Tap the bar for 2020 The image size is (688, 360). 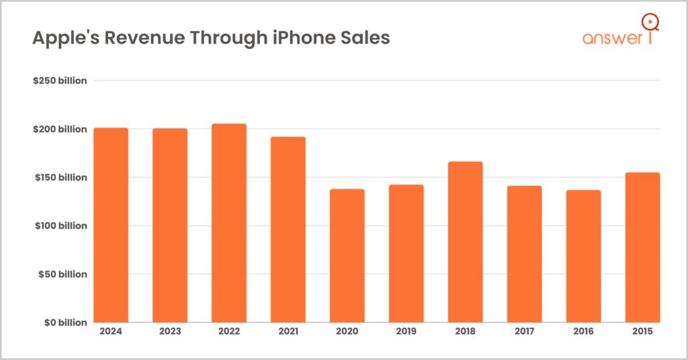347,256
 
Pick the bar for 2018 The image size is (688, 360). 466,242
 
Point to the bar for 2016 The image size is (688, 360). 584,256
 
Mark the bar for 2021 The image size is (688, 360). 288,230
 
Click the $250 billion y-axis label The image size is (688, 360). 60,81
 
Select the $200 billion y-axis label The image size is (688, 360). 60,129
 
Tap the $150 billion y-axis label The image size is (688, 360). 60,177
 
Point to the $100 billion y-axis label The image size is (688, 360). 60,226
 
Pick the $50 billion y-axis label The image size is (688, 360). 62,274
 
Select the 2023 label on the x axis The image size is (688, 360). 170,331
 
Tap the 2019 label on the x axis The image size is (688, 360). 406,331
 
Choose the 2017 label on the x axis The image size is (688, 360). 525,331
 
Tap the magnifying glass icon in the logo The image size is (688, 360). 649,23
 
